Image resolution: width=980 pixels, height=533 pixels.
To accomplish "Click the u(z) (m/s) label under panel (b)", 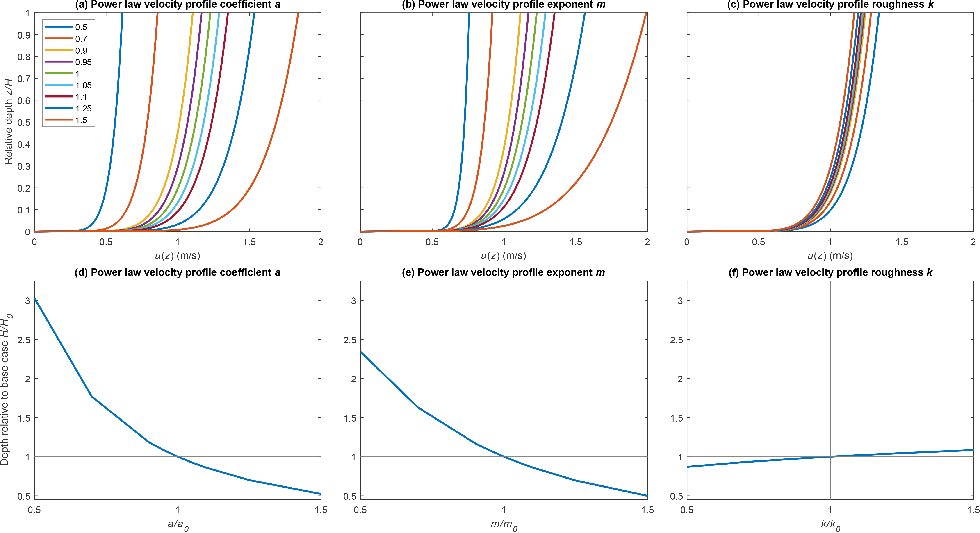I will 503,256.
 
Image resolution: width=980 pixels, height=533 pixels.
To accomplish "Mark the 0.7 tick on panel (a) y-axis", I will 24,79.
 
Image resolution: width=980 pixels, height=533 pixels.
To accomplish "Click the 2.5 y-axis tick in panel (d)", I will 24,340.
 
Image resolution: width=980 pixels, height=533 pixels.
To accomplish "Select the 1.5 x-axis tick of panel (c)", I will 902,242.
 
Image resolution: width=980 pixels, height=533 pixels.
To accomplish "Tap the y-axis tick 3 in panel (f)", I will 680,301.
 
